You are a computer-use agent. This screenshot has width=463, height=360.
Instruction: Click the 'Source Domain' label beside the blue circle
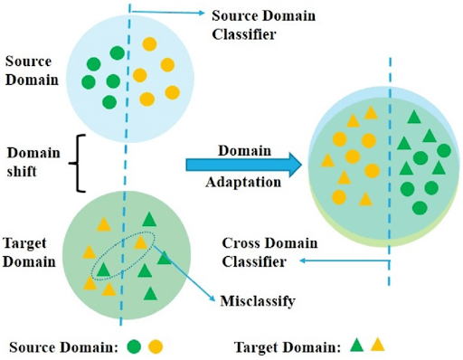(x=32, y=71)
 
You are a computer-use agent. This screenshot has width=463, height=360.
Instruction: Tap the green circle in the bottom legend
(x=133, y=346)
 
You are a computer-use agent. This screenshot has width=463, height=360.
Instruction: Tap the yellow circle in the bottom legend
(x=156, y=346)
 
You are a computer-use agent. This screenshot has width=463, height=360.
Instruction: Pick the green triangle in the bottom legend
(x=356, y=345)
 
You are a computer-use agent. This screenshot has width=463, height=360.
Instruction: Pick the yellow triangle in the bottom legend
(x=377, y=345)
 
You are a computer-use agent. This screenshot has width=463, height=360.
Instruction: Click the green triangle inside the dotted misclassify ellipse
(x=104, y=270)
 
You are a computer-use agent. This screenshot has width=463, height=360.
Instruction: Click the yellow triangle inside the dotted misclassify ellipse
(x=139, y=243)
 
